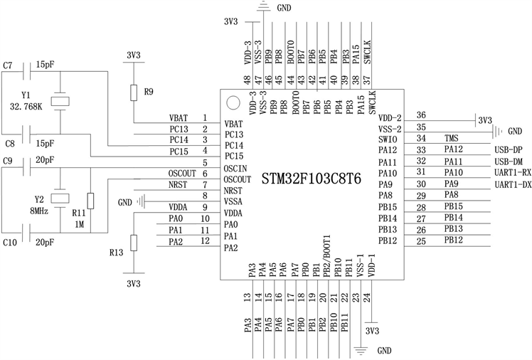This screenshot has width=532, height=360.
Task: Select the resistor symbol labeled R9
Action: tap(133, 92)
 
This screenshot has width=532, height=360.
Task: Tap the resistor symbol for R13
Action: tap(133, 245)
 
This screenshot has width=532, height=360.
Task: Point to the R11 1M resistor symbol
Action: tap(90, 201)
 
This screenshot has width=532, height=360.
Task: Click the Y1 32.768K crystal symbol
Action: tap(62, 102)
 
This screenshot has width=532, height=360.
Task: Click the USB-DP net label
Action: tap(507, 150)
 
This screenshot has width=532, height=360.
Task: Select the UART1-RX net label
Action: tap(511, 173)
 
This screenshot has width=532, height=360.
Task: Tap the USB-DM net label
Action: tap(507, 162)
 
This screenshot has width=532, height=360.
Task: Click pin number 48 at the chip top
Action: tap(247, 80)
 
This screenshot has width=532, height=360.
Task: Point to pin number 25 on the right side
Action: tap(421, 241)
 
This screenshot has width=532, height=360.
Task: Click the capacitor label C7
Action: tap(9, 65)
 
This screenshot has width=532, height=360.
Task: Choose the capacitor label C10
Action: tap(10, 243)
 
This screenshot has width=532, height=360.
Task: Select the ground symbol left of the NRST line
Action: tap(144, 202)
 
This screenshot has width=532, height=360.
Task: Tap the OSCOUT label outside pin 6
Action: tap(182, 173)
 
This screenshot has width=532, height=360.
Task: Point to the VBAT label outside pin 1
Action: tap(179, 118)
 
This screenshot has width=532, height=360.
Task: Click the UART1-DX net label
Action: tap(511, 184)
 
